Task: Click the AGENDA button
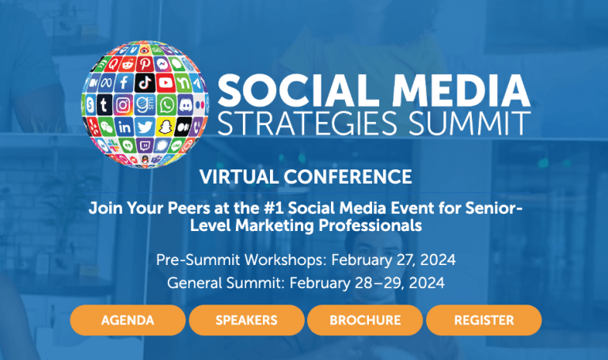[x=127, y=320]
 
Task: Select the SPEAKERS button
[x=246, y=320]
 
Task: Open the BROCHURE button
[x=365, y=320]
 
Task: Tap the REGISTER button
[x=484, y=320]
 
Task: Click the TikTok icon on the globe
[x=146, y=82]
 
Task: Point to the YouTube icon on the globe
[x=166, y=82]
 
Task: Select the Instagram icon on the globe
[x=123, y=104]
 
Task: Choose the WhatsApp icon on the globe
[x=166, y=104]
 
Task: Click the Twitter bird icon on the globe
[x=145, y=127]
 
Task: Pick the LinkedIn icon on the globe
[x=124, y=127]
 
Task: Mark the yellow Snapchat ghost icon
[x=165, y=126]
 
